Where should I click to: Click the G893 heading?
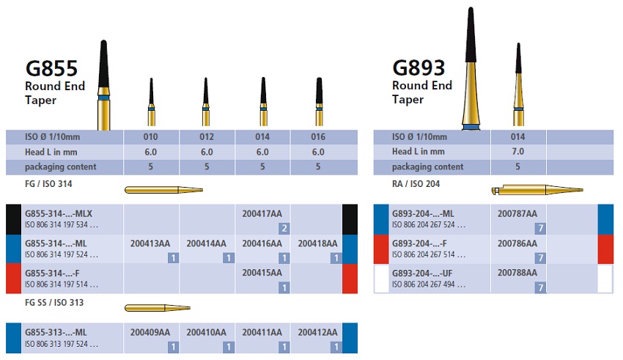419,68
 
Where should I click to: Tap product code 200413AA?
150,243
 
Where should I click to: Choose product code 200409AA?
150,332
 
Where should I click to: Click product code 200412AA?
317,332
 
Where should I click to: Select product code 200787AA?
517,213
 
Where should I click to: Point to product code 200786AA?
517,243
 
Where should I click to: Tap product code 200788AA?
517,273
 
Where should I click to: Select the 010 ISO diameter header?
151,136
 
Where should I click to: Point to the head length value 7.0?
517,152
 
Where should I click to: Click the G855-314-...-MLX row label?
63,213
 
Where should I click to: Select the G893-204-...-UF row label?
427,273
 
